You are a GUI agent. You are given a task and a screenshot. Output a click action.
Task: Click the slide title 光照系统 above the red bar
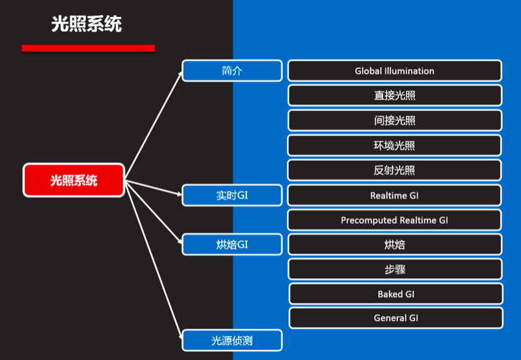click(x=87, y=24)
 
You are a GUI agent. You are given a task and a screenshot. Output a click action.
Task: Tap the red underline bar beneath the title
click(x=88, y=48)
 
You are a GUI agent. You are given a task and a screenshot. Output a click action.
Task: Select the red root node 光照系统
click(x=74, y=180)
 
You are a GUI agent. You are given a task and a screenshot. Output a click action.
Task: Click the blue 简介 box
click(x=232, y=70)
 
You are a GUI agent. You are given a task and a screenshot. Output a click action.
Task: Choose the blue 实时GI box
click(x=232, y=196)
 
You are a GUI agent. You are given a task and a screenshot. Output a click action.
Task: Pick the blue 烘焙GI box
click(x=232, y=244)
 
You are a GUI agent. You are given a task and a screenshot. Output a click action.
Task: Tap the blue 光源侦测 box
click(x=232, y=340)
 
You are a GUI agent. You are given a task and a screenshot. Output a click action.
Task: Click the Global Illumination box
click(x=394, y=70)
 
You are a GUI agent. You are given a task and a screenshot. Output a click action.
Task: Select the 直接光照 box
click(x=394, y=95)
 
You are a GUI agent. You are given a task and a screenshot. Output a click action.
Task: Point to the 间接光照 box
click(x=394, y=120)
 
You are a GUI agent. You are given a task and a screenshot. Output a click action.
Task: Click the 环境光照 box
click(x=394, y=145)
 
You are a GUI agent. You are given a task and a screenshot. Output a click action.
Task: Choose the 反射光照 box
click(x=394, y=170)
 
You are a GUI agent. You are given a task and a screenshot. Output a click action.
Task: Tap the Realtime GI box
click(x=394, y=196)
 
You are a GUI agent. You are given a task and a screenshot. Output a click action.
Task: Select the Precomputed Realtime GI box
click(x=394, y=220)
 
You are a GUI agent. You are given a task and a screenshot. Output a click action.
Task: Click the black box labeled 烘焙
click(x=394, y=244)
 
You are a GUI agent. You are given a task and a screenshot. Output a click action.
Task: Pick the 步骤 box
click(x=394, y=269)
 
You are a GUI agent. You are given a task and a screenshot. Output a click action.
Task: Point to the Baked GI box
click(x=396, y=294)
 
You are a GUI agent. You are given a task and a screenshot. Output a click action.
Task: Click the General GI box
click(x=396, y=318)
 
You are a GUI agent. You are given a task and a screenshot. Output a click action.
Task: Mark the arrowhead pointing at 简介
click(x=180, y=72)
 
